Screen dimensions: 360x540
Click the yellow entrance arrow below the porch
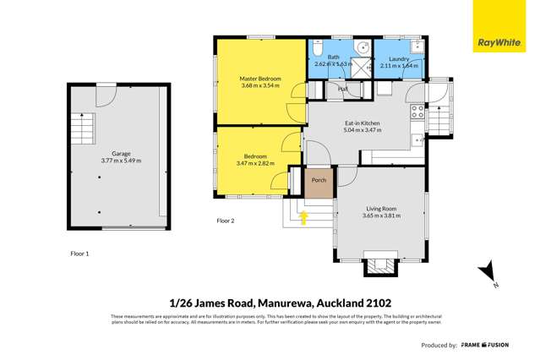point(303,218)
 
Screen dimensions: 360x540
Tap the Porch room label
point(319,180)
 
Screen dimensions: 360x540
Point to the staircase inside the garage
point(80,133)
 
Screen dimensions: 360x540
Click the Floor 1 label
point(79,253)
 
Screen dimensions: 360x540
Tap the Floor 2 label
point(225,221)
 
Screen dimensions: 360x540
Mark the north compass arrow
point(488,273)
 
